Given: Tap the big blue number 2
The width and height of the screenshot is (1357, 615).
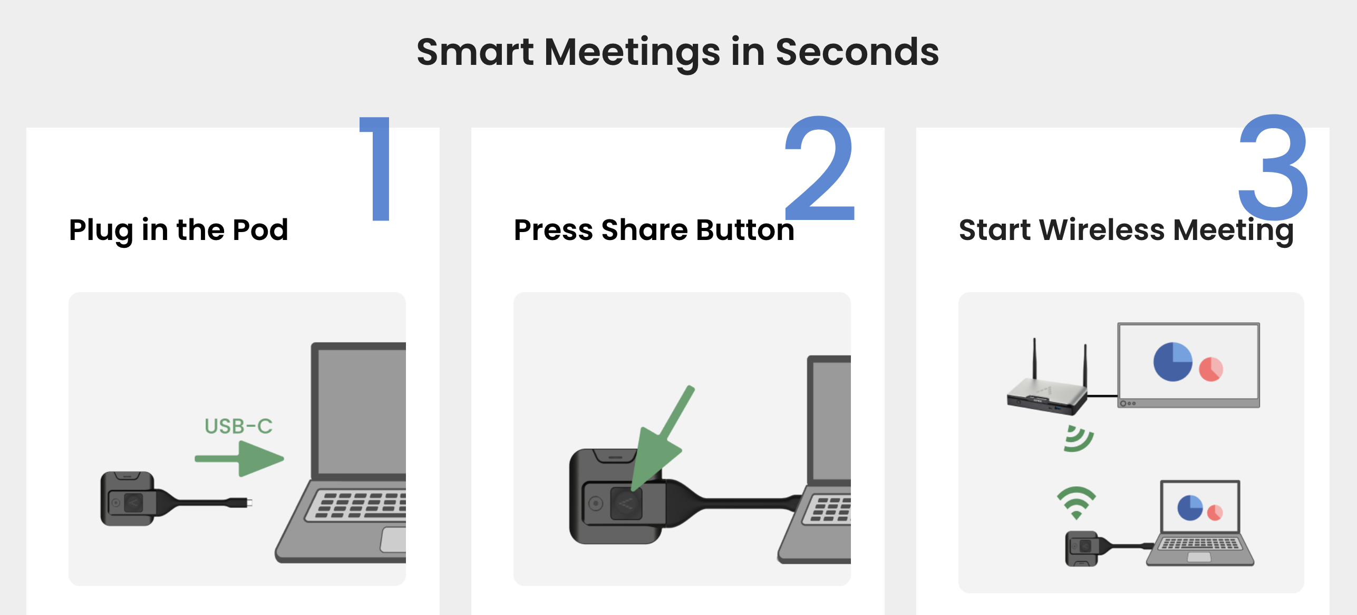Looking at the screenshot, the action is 819,168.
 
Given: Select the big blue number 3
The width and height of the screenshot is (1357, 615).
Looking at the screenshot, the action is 1273,168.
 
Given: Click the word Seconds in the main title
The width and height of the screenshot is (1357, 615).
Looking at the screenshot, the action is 857,52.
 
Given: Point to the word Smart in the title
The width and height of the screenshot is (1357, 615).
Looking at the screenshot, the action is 475,52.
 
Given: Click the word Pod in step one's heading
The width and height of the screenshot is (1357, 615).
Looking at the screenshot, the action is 260,230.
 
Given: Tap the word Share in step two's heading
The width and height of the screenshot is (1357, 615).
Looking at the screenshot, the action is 645,230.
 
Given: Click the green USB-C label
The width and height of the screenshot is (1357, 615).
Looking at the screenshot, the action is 238,426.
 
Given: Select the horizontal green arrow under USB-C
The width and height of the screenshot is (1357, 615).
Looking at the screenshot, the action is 239,459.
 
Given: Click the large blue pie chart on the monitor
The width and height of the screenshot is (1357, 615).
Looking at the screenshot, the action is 1172,362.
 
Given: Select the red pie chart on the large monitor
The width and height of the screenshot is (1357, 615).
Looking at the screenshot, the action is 1211,369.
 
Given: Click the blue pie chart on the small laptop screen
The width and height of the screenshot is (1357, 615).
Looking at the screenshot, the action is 1190,508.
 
